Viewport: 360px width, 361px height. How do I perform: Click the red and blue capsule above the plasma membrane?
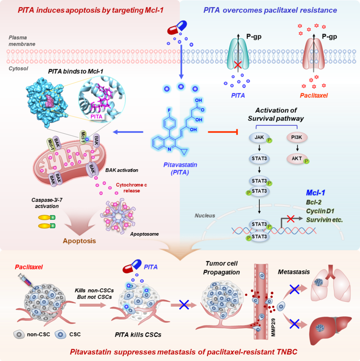pyautogui.click(x=179, y=26)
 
